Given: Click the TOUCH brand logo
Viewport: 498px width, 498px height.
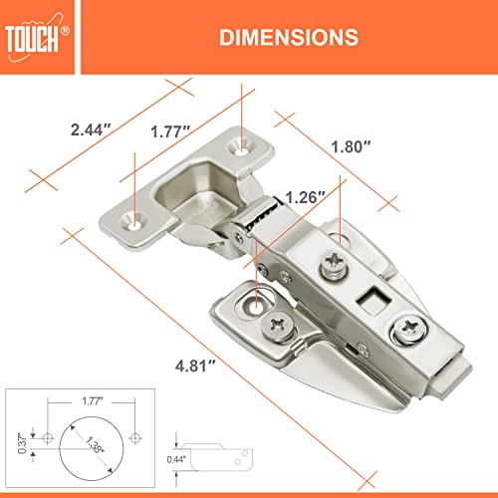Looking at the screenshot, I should [38, 37].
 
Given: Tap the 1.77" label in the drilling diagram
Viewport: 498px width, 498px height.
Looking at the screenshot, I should [91, 401].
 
